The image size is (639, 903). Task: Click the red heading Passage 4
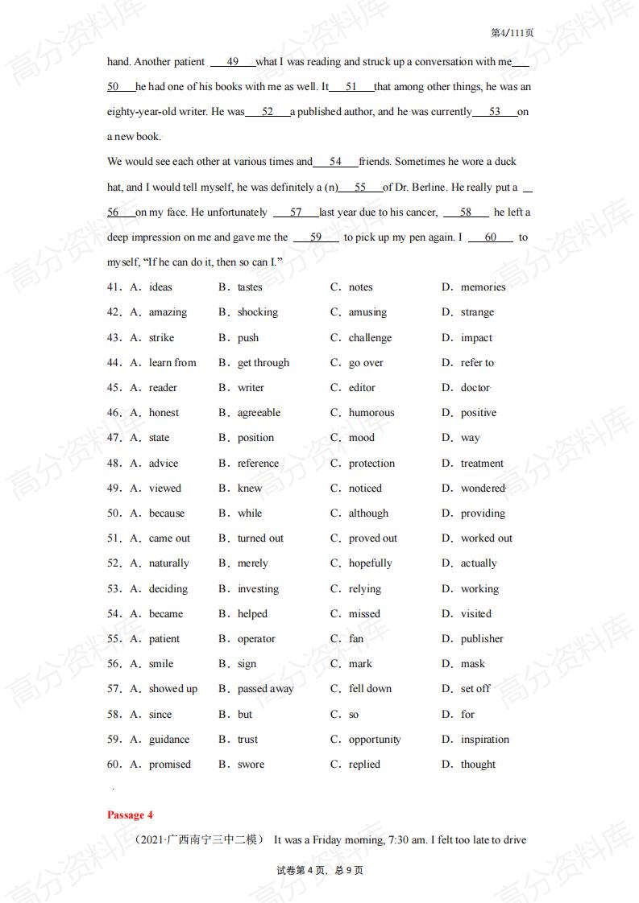pyautogui.click(x=130, y=814)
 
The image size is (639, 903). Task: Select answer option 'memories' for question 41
pyautogui.click(x=483, y=287)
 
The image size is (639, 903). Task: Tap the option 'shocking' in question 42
pyautogui.click(x=257, y=312)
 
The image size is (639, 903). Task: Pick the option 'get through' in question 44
pyautogui.click(x=263, y=363)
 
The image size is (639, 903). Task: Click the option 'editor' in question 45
pyautogui.click(x=362, y=388)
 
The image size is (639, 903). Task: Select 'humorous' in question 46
pyautogui.click(x=371, y=413)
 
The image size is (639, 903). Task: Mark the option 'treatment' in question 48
pyautogui.click(x=482, y=464)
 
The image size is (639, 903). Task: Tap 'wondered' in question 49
pyautogui.click(x=483, y=489)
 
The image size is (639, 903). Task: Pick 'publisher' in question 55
pyautogui.click(x=482, y=639)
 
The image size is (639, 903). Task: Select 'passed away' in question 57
pyautogui.click(x=265, y=689)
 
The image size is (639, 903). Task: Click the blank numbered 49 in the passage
pyautogui.click(x=233, y=62)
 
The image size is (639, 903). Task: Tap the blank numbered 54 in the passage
pyautogui.click(x=335, y=162)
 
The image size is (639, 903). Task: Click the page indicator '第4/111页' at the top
pyautogui.click(x=512, y=33)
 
